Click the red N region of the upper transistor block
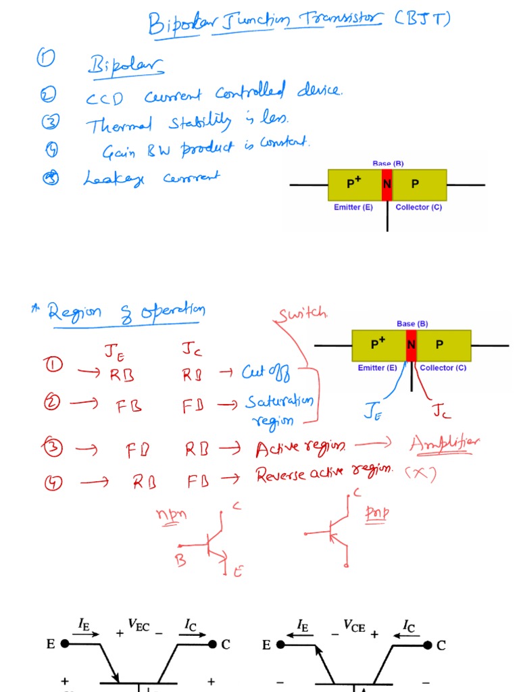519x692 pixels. click(x=387, y=184)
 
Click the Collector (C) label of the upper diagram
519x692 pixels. click(x=418, y=207)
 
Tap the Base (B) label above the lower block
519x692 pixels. click(x=412, y=324)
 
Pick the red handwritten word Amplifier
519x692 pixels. click(x=444, y=443)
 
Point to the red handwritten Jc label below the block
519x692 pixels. click(x=441, y=411)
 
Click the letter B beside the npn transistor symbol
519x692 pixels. click(x=180, y=560)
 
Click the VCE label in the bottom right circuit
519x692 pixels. click(x=354, y=628)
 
